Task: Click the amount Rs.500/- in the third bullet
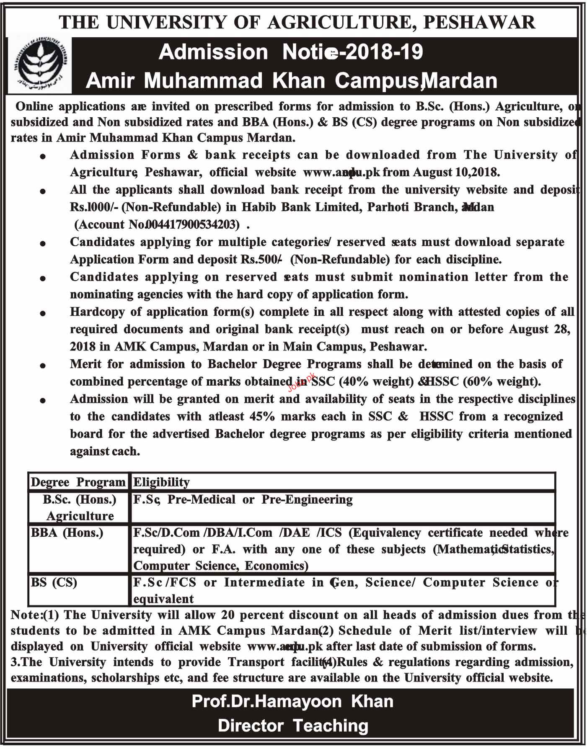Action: [260, 260]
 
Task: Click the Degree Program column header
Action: [78, 482]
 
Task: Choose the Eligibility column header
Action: [161, 482]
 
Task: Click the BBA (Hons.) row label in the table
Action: [67, 533]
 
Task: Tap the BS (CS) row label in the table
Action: [54, 582]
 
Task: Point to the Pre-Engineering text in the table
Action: [307, 499]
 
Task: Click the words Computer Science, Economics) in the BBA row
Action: [221, 566]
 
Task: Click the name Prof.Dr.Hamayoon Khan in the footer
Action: [292, 701]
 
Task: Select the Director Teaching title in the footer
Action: [293, 726]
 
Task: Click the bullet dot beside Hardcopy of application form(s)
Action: [43, 313]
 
